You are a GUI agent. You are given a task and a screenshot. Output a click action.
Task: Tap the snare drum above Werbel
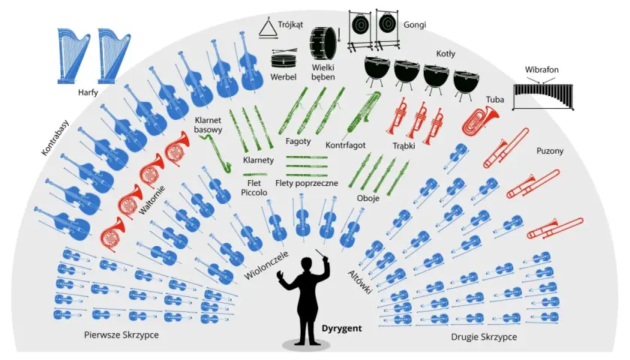coord(283,59)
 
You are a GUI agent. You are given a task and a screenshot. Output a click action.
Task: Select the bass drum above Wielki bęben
coord(324,43)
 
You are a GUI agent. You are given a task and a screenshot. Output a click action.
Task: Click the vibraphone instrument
coord(543,97)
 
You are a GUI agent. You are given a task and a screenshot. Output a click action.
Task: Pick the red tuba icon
coord(479,120)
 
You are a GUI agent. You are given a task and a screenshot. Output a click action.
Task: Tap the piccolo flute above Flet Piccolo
coord(255,174)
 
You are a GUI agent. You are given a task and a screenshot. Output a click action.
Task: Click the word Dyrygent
coord(341,328)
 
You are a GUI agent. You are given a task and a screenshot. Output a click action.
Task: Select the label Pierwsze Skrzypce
coord(121,334)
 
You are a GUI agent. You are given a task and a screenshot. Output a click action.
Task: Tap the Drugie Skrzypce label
coord(484,337)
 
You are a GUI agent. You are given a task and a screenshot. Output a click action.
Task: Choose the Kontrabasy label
coord(55,137)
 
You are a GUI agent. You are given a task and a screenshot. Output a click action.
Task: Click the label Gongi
coord(415,25)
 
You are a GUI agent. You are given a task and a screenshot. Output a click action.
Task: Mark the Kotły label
coord(445,53)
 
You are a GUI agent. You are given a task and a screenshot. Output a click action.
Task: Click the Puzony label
coord(550,151)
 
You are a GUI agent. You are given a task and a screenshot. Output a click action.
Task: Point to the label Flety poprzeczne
coord(307,183)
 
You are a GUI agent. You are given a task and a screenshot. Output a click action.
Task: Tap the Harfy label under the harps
coord(88,92)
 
